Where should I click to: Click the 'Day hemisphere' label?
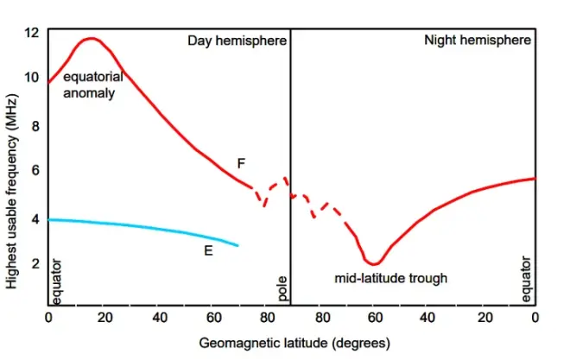(236, 41)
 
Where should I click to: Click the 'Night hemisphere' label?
(478, 41)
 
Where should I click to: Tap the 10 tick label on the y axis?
(32, 78)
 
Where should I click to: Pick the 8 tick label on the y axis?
(35, 125)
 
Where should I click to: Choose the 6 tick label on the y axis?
(35, 171)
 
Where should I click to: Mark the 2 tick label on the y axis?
(35, 263)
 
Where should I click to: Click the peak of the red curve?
(90, 38)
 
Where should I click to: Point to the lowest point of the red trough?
(373, 262)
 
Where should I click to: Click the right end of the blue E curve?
(237, 246)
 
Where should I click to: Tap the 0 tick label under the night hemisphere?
(535, 318)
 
